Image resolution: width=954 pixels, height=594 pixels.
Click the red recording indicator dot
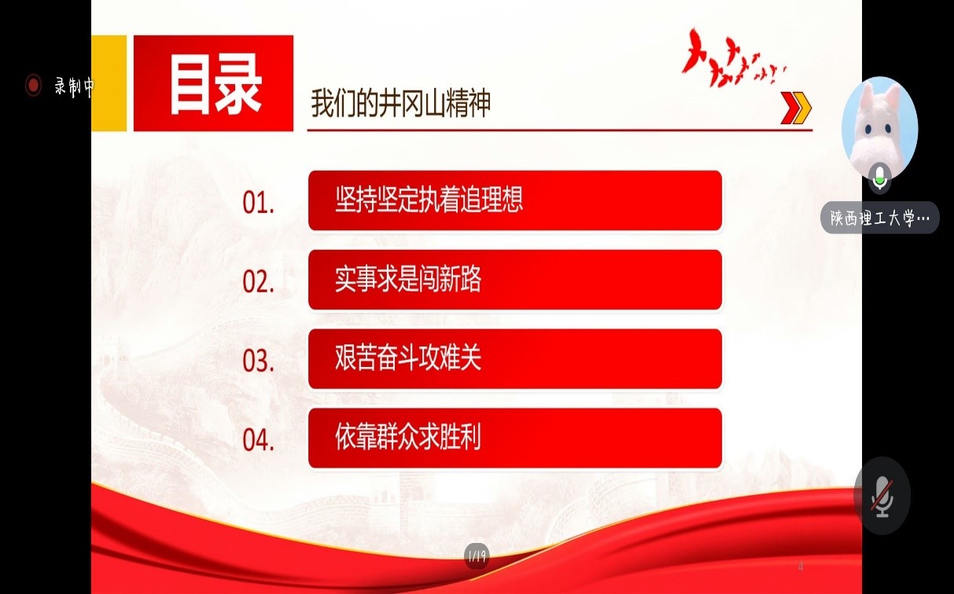(x=33, y=85)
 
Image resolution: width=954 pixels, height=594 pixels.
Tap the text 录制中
(x=74, y=86)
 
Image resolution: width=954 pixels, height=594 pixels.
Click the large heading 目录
(x=215, y=85)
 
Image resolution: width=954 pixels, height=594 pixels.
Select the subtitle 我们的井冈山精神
(x=401, y=103)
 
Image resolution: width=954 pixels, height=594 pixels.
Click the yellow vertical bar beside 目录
(x=109, y=83)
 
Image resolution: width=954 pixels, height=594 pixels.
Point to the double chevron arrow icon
(x=796, y=108)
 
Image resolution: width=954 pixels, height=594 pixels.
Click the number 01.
(x=259, y=203)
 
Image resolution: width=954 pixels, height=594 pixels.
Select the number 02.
(x=259, y=282)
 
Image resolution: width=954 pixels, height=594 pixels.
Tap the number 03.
(x=259, y=361)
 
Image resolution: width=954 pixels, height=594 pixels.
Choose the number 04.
(x=259, y=439)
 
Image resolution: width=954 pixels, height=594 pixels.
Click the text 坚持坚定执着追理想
(x=429, y=200)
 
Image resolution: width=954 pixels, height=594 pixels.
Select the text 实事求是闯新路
(x=408, y=279)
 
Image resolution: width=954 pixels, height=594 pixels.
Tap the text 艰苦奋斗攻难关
(x=408, y=357)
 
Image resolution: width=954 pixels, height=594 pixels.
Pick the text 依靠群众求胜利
(x=408, y=437)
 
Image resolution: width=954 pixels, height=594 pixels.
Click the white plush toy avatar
(x=879, y=127)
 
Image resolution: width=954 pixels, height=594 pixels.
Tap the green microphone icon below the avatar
(x=880, y=178)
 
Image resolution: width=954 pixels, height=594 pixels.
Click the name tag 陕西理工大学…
(x=879, y=218)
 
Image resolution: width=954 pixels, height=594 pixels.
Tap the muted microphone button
(x=882, y=496)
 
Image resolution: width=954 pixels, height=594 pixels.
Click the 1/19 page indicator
(x=477, y=555)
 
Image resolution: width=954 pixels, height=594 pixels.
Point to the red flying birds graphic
(x=733, y=57)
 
